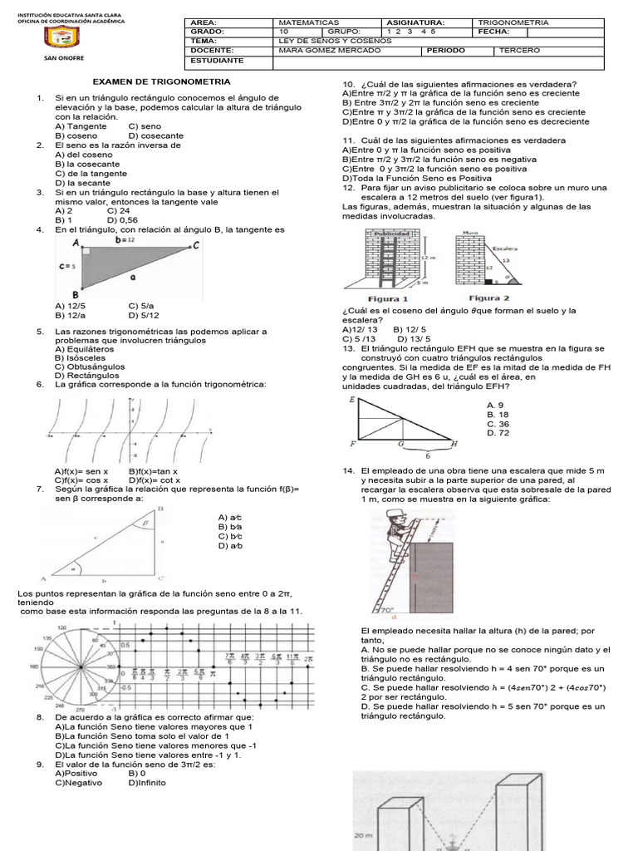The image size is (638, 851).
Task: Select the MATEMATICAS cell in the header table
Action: click(x=307, y=22)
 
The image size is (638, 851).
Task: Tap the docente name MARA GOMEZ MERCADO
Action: click(x=321, y=51)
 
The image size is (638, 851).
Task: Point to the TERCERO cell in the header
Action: click(x=520, y=51)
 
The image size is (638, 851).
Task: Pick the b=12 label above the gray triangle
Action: click(x=126, y=239)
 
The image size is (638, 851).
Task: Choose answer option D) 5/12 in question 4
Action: click(x=144, y=316)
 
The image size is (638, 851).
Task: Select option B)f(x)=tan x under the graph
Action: click(x=154, y=471)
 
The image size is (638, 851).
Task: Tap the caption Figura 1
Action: click(x=387, y=298)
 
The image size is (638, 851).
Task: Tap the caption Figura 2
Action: click(x=489, y=298)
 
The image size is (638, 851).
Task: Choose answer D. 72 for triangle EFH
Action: click(x=498, y=433)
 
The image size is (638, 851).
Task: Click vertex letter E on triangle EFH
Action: click(x=353, y=401)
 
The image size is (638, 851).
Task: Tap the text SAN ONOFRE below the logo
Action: click(x=58, y=59)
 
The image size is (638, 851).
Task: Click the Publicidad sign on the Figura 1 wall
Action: click(x=390, y=234)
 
